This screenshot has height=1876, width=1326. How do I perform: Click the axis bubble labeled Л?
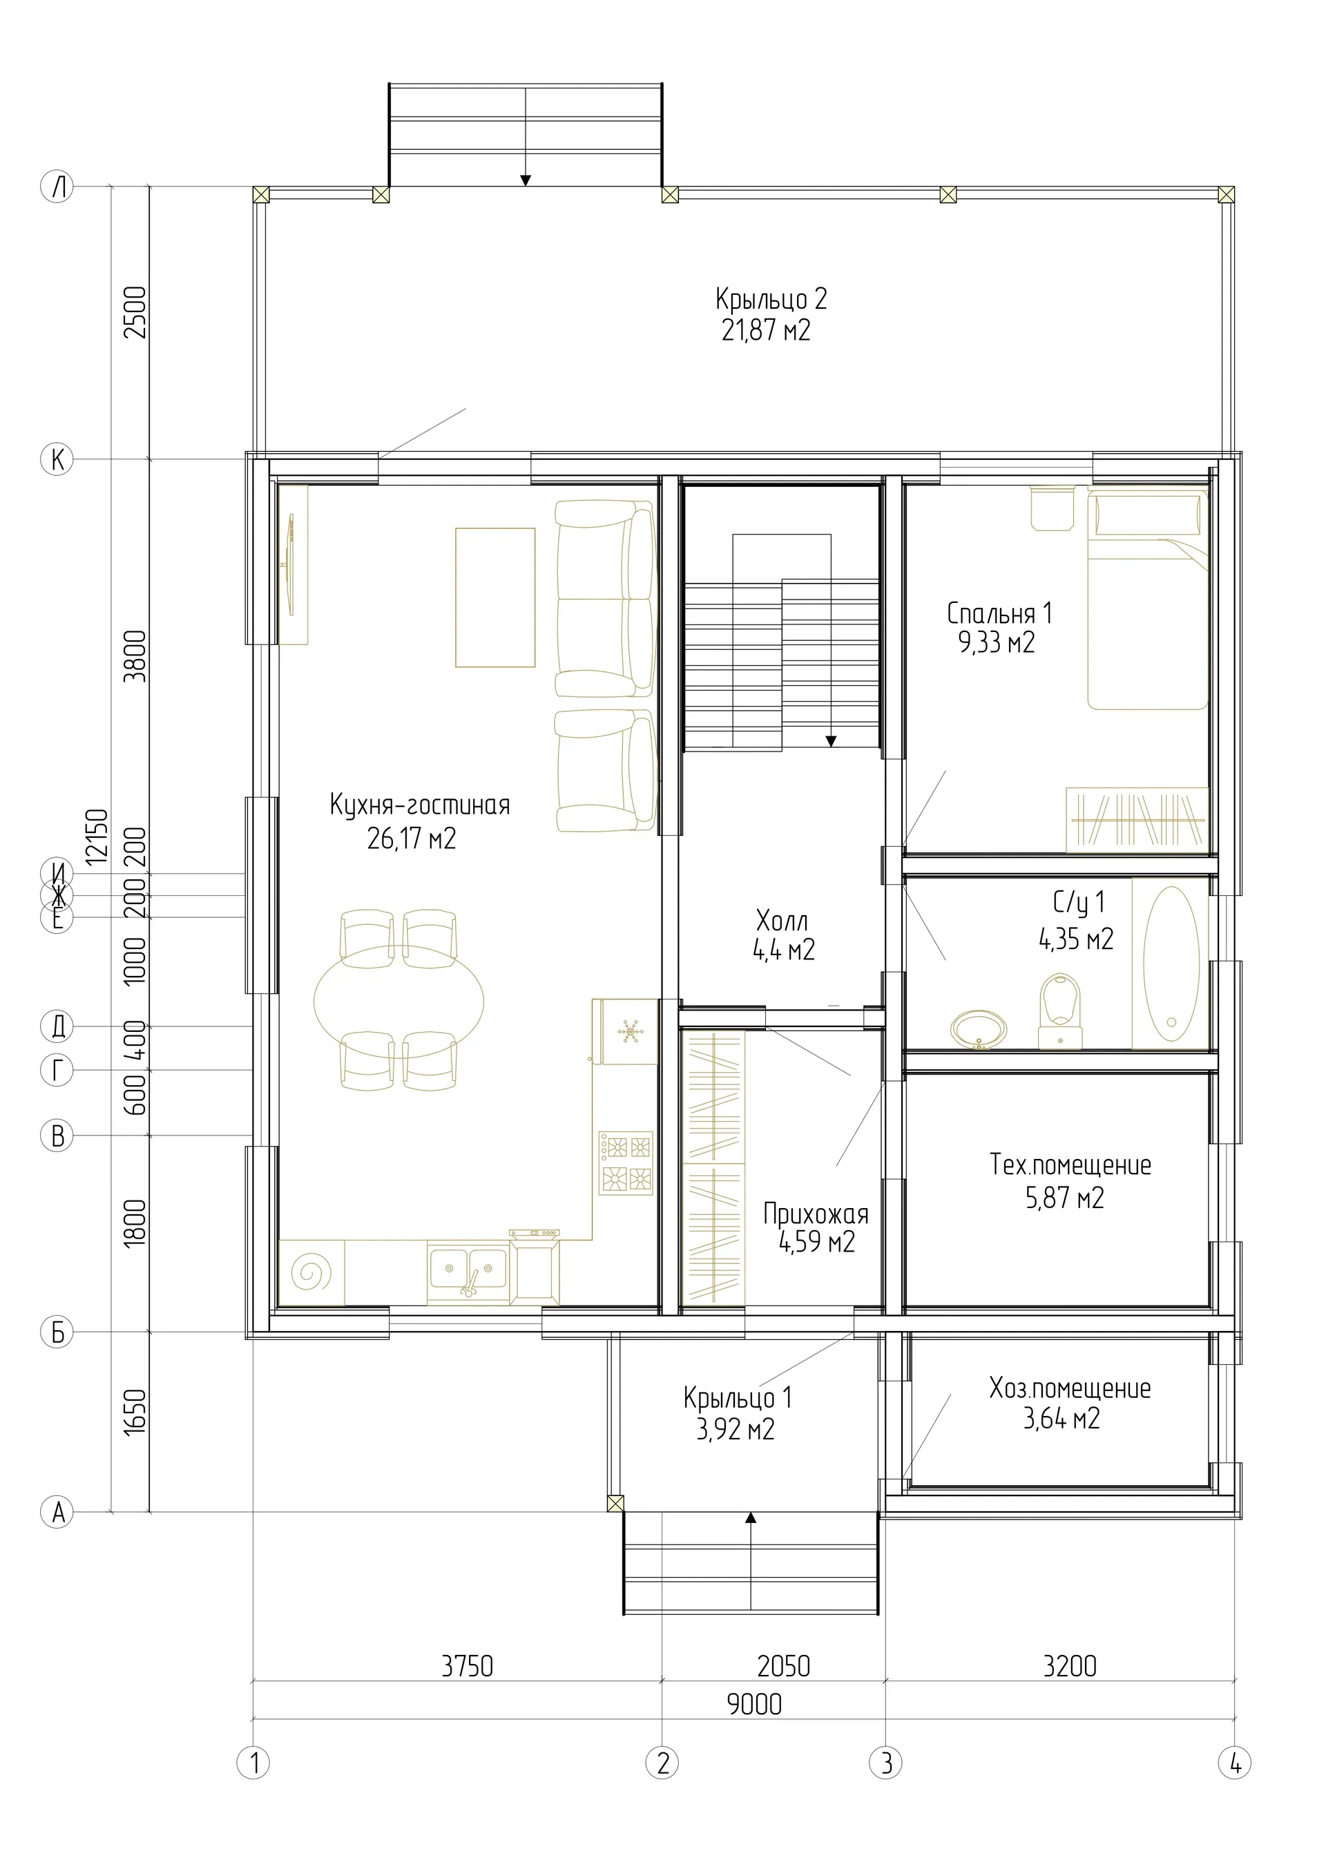click(57, 187)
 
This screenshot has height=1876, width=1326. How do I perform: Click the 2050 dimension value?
click(783, 1666)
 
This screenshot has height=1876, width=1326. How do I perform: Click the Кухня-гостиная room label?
click(420, 805)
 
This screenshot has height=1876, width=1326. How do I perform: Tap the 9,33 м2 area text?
click(997, 643)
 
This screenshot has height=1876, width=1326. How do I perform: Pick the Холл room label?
click(782, 921)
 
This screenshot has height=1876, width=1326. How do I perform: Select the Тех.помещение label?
click(1070, 1165)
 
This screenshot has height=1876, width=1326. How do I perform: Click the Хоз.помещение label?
click(1070, 1388)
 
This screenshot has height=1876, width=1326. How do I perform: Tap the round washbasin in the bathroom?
click(979, 1029)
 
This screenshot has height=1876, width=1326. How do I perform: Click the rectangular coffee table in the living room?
click(495, 597)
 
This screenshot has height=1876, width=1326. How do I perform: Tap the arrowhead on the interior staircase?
click(831, 742)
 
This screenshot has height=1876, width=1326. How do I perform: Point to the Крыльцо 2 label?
click(771, 299)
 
